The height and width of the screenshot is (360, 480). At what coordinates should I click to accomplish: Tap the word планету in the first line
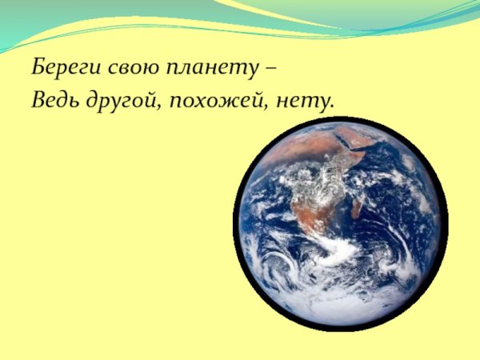tap(209, 67)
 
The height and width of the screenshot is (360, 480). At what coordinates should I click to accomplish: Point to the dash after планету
tap(270, 67)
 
